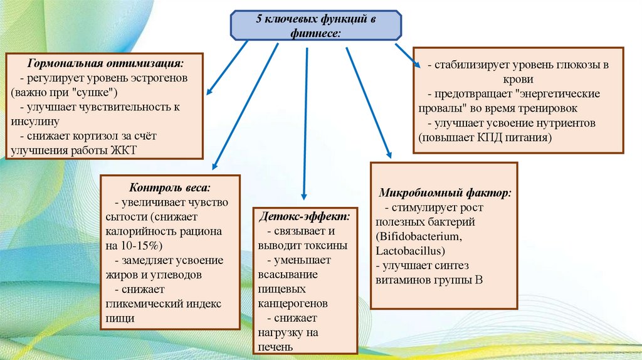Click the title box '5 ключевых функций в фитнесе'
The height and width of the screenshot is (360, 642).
(316, 26)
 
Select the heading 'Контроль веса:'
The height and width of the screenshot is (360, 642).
(170, 188)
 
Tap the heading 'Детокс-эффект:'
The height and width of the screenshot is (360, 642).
(305, 216)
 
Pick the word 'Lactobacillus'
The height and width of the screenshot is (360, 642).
(410, 251)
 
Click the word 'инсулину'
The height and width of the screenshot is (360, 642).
(35, 120)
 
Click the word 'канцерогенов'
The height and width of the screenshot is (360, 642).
(293, 303)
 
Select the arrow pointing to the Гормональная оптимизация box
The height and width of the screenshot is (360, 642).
(228, 66)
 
